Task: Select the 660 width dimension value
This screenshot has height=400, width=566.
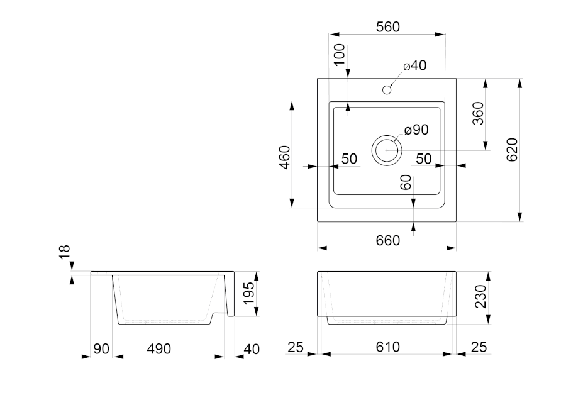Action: coord(387,241)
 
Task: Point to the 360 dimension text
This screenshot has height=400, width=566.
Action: coord(478,113)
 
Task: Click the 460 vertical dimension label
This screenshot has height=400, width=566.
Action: coord(284,157)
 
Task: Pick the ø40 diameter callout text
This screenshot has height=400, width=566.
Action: coord(415,65)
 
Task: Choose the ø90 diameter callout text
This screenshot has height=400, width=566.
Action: coord(416,130)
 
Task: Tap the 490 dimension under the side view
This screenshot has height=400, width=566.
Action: coord(158,348)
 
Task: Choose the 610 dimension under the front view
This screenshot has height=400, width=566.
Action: coord(387,347)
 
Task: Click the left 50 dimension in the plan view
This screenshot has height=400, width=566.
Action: coord(349,159)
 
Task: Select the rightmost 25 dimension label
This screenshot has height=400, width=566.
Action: coord(479,347)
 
